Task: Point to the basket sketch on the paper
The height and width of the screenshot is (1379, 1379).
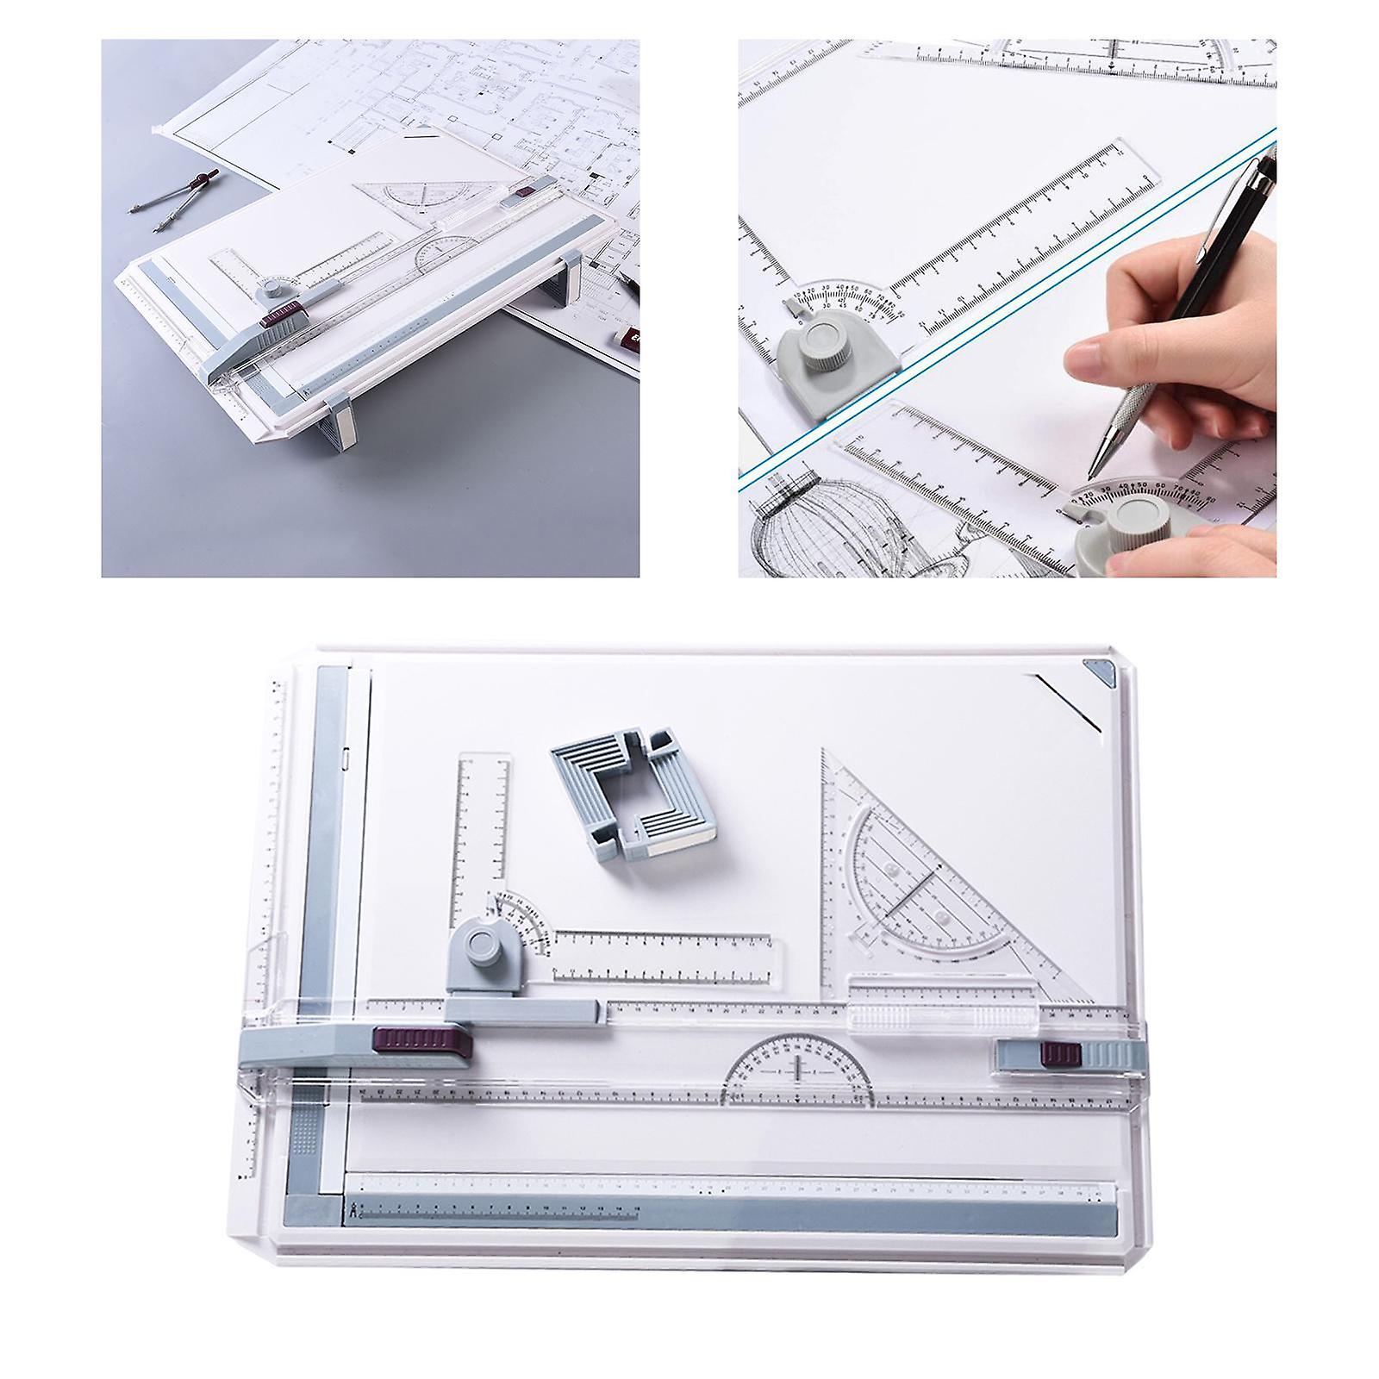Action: [793, 526]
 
